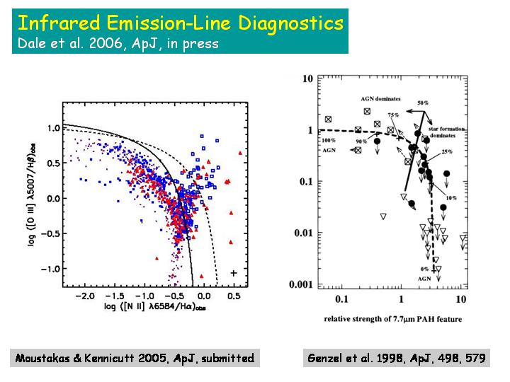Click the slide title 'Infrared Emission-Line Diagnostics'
click(180, 23)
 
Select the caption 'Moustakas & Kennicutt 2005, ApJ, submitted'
click(134, 358)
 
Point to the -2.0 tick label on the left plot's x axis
click(85, 294)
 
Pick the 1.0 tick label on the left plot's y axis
click(52, 128)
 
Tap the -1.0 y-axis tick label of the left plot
click(50, 270)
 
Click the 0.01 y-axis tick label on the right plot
click(307, 233)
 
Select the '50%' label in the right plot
click(423, 103)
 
